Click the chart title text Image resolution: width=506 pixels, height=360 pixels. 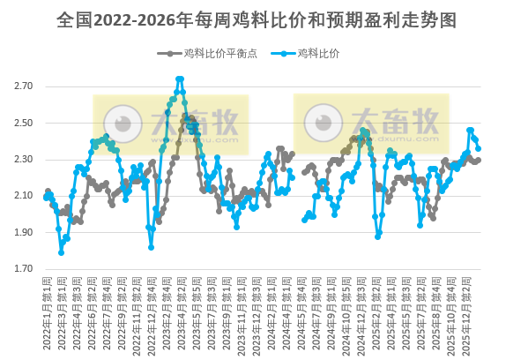253,19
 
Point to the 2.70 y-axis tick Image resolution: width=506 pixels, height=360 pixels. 24,86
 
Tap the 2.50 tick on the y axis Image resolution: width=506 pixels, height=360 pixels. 24,123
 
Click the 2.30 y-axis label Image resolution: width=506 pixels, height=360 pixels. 24,160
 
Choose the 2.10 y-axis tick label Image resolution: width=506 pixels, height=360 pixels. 24,196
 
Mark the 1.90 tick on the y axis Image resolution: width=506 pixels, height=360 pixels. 24,233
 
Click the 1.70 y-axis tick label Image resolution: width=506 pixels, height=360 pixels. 24,269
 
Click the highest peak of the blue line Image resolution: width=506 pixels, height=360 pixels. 180,79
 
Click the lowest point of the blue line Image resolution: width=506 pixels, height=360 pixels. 61,253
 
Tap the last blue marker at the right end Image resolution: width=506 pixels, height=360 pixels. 478,149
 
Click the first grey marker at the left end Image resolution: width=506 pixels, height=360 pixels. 47,191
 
